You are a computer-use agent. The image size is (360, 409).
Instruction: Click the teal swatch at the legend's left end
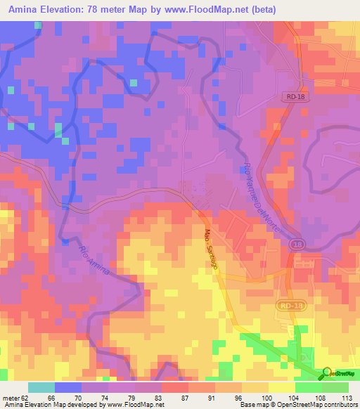[41, 387]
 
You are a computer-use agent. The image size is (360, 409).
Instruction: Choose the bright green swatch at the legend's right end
[335, 387]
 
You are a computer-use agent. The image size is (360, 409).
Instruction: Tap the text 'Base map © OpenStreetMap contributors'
[303, 405]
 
